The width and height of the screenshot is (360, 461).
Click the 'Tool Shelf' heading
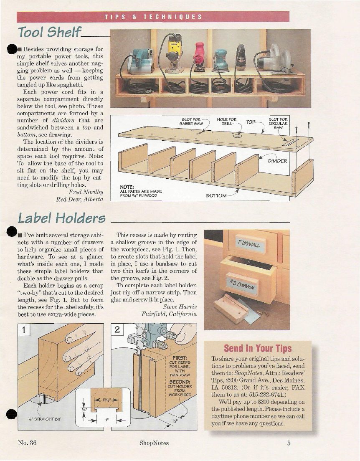click(x=50, y=32)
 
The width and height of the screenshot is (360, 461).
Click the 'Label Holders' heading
click(x=61, y=218)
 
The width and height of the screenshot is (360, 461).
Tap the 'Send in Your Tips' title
click(x=258, y=348)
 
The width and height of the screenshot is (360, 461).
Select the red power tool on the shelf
click(x=199, y=56)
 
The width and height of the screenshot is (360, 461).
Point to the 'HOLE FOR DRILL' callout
click(x=226, y=122)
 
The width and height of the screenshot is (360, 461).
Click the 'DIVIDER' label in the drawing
click(x=278, y=161)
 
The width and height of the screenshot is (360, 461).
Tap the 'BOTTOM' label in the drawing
click(x=216, y=195)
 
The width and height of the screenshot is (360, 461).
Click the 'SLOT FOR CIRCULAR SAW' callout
click(x=278, y=123)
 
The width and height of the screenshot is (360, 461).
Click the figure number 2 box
click(x=117, y=330)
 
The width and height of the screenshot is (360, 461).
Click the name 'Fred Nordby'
click(x=86, y=192)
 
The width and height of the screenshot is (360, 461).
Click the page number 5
click(x=288, y=443)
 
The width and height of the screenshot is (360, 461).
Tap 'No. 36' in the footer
click(x=27, y=443)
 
